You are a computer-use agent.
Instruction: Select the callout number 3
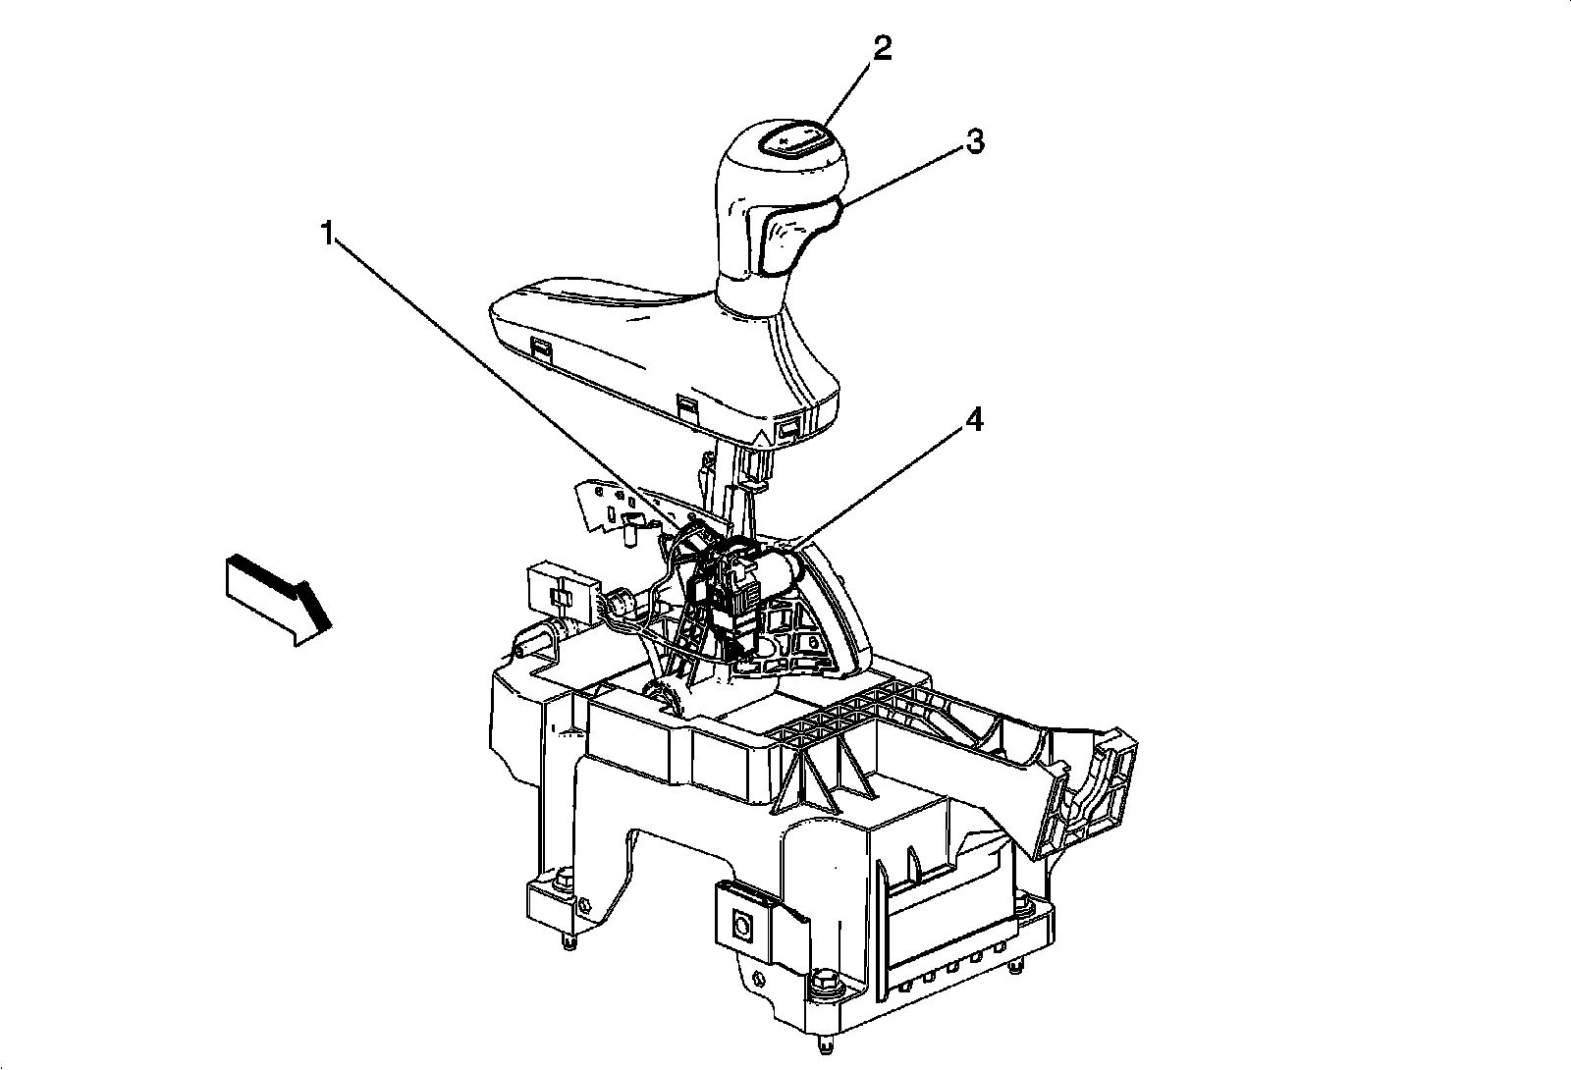tap(972, 142)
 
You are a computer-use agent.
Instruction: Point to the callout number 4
tap(973, 420)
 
